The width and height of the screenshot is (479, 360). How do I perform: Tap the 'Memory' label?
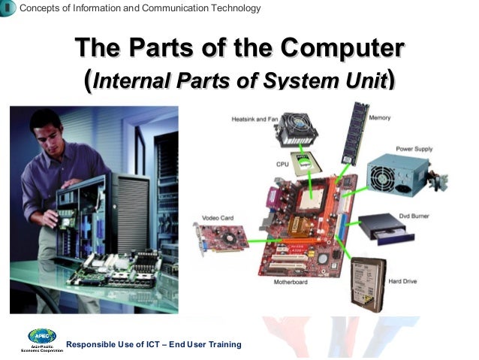click(x=379, y=118)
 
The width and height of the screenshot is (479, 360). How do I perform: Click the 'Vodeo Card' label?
click(x=218, y=218)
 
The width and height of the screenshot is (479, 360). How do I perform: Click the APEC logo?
click(x=41, y=337)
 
